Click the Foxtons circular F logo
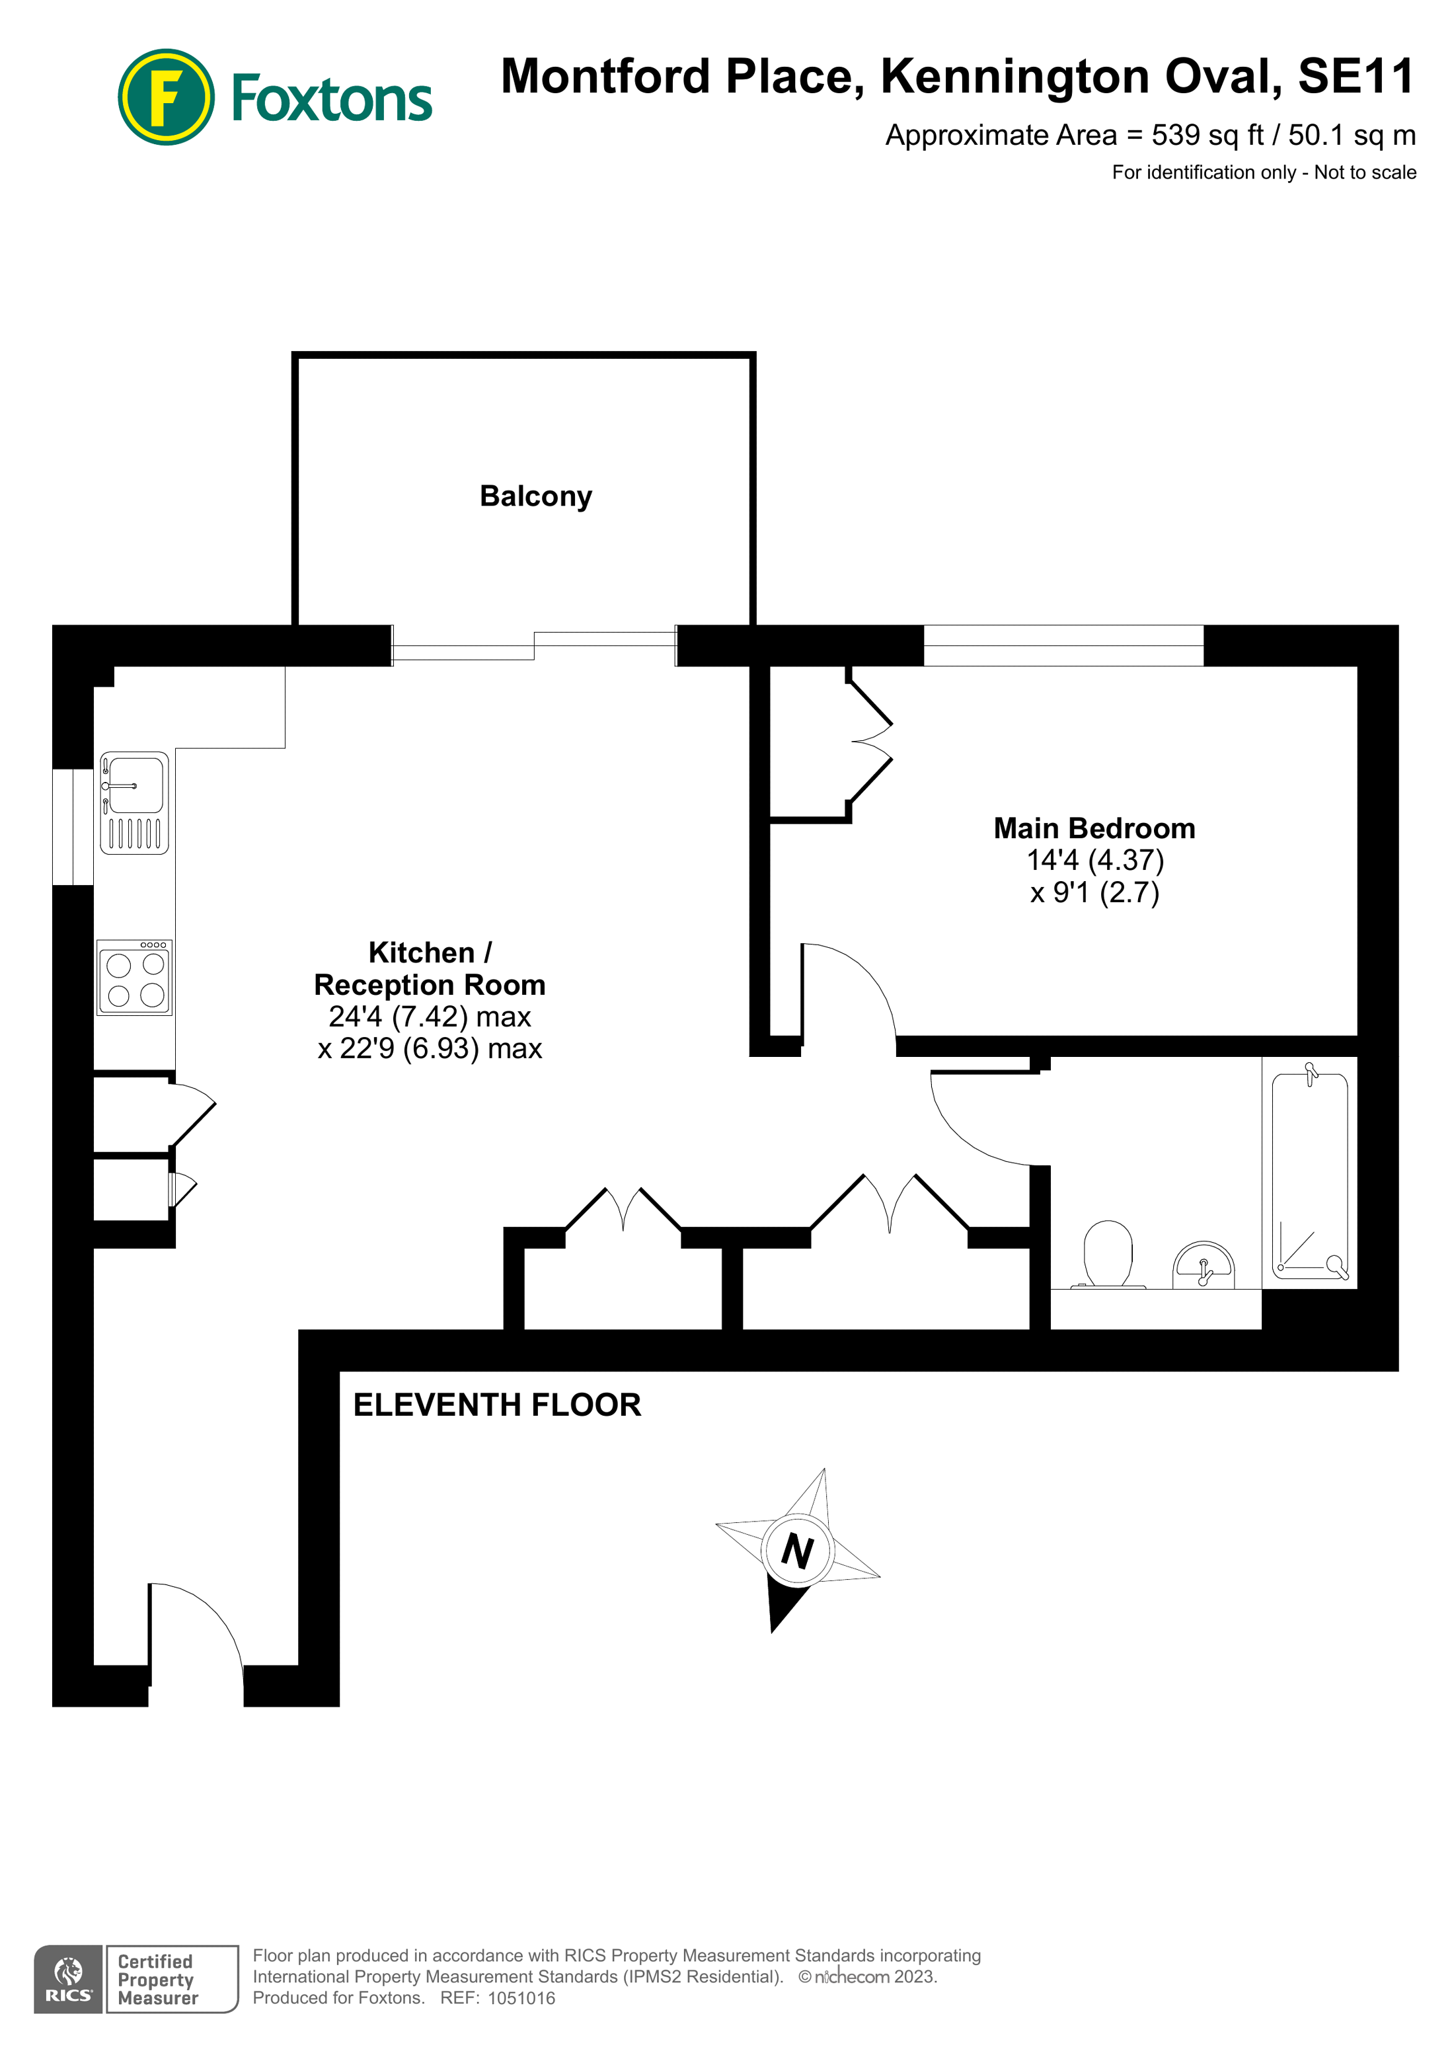166,97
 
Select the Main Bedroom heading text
1093,828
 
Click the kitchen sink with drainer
134,802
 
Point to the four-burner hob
134,978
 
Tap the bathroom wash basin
1203,1263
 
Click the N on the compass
797,1551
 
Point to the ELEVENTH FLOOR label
496,1404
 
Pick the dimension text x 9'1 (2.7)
1094,892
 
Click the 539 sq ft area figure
1206,136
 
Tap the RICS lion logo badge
68,1979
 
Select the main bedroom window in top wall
1063,645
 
